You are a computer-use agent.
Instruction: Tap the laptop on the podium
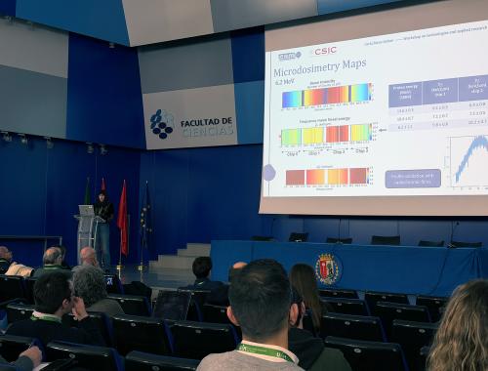[88, 210]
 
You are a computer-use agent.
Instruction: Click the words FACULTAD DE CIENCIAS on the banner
[206, 127]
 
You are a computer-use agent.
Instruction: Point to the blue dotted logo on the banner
[161, 124]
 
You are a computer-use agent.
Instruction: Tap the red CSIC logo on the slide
[324, 51]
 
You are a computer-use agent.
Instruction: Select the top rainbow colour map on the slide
[326, 95]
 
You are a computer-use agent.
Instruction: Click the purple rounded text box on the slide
[412, 178]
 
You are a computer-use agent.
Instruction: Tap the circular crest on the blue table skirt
[327, 268]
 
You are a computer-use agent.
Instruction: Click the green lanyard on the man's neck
[265, 351]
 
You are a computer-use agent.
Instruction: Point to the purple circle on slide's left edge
[268, 173]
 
